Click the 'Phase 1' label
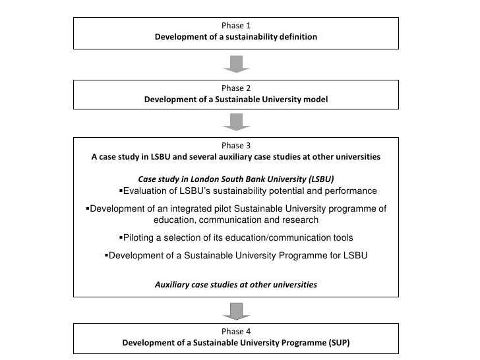pos(235,26)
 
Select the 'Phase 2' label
pos(235,88)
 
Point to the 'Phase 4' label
pos(235,332)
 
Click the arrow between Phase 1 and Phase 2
pos(235,63)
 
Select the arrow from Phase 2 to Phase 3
pos(235,121)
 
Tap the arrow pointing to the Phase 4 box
pos(235,309)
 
